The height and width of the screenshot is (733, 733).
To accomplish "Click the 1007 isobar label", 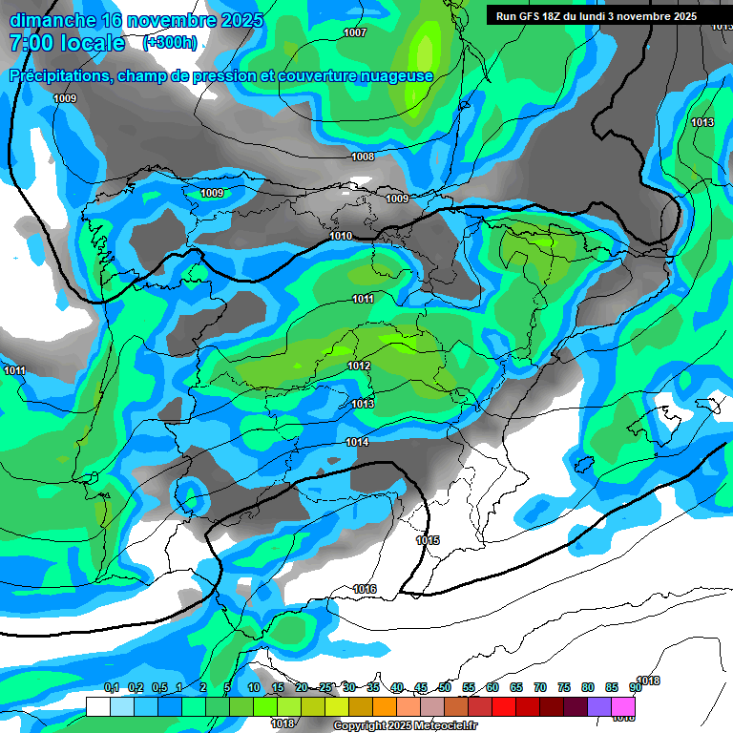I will [354, 33].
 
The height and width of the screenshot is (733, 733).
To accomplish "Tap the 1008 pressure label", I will [363, 157].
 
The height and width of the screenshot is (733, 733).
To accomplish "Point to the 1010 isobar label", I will [341, 236].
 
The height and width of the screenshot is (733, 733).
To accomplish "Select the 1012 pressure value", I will [359, 366].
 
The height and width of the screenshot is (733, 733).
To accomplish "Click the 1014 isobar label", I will [357, 442].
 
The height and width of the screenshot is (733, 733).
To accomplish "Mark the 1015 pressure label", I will [428, 541].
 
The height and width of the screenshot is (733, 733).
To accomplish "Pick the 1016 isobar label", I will [365, 589].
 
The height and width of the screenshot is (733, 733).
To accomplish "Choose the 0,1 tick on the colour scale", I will [112, 688].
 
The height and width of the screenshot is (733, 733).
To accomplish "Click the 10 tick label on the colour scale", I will [254, 688].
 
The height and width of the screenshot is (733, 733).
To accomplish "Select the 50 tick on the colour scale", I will [445, 688].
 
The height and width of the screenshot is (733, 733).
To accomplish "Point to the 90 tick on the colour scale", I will [635, 688].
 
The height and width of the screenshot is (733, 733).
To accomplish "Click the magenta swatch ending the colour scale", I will [623, 706].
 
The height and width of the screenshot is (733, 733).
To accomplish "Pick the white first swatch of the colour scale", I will [97, 706].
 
